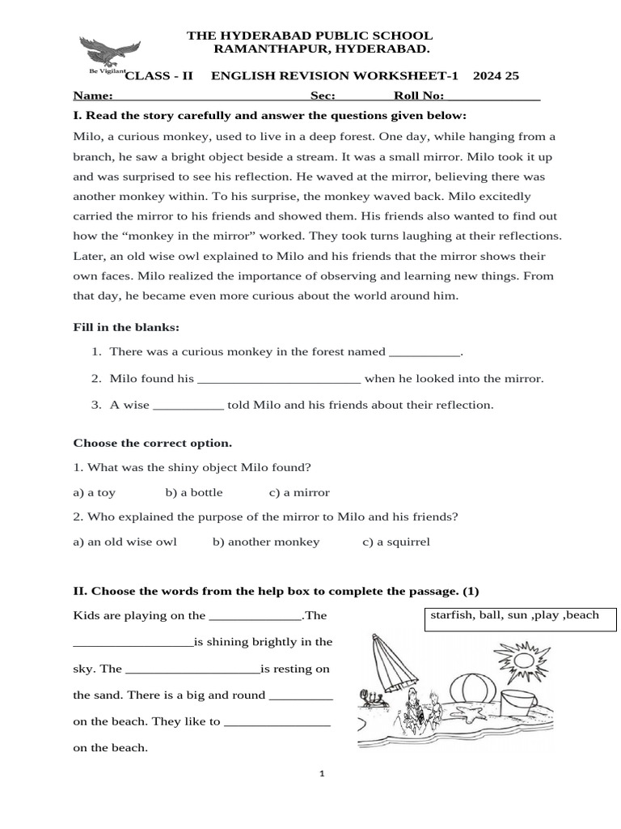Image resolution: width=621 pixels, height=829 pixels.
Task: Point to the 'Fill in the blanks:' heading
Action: [x=126, y=327]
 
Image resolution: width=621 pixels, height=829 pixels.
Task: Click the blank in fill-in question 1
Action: [x=425, y=353]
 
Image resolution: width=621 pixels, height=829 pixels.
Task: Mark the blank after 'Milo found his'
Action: [x=279, y=380]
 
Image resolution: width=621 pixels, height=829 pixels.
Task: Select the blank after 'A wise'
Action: [x=188, y=406]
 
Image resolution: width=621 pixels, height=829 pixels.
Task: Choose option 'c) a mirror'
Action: [x=299, y=492]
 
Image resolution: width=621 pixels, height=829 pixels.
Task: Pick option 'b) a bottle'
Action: [x=194, y=492]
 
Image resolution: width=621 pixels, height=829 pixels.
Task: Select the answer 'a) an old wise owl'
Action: [x=125, y=542]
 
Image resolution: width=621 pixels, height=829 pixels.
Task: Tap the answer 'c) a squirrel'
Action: [x=396, y=542]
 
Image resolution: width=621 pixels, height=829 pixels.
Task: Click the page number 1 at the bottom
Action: [x=322, y=774]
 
